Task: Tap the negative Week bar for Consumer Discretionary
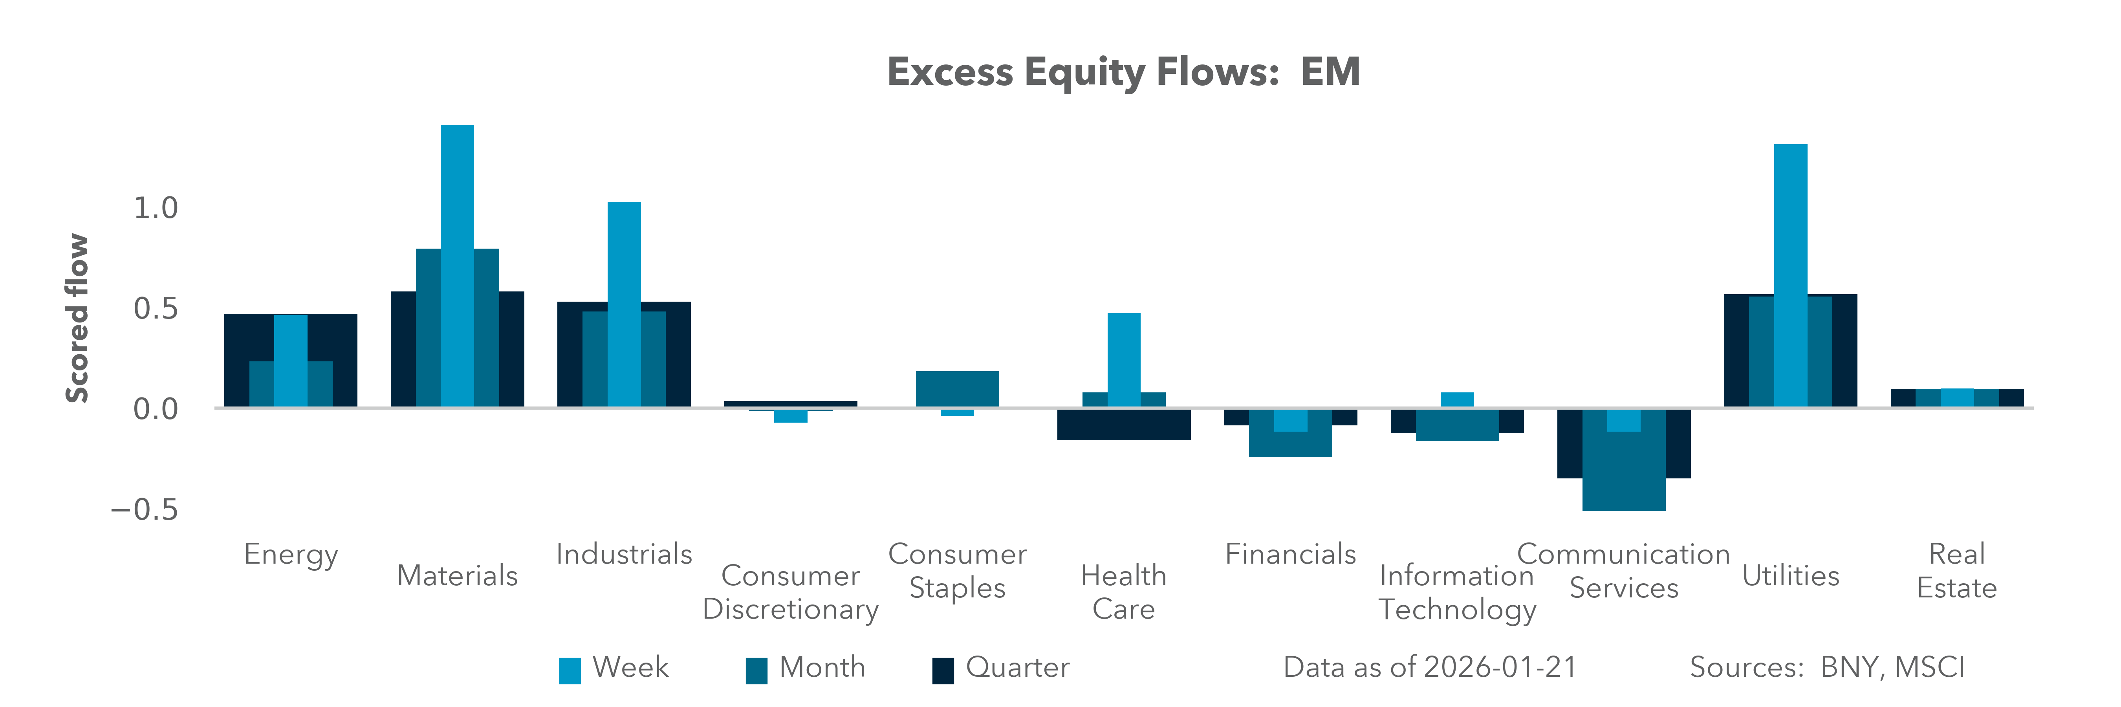[x=790, y=416]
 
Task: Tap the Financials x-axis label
[x=1290, y=554]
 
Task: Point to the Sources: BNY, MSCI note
[x=1826, y=667]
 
